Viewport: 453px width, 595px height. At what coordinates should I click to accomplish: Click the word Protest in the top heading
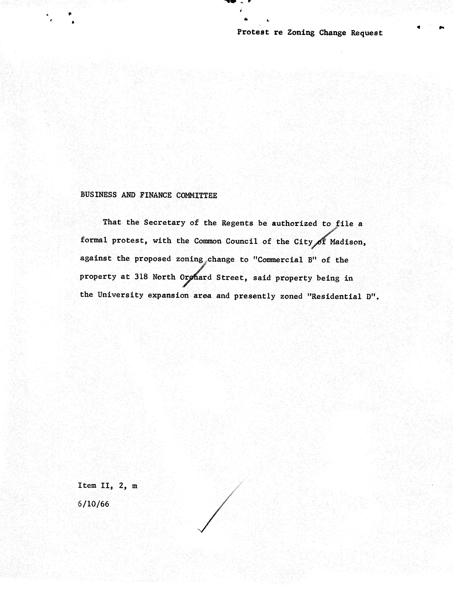[253, 32]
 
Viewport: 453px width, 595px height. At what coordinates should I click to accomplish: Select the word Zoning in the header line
[301, 33]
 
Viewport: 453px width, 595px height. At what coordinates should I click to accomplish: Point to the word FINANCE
[156, 195]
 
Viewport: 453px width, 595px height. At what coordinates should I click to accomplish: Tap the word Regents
[237, 223]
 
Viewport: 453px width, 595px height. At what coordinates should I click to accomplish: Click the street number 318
[141, 277]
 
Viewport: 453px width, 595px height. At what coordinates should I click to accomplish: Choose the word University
[120, 295]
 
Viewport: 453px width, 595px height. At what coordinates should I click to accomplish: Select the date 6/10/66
[93, 504]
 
